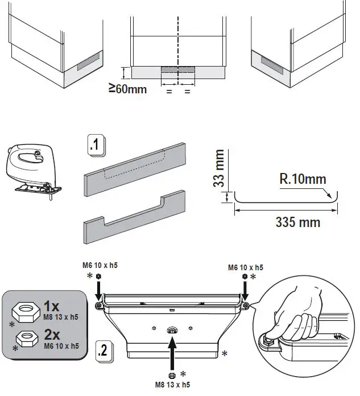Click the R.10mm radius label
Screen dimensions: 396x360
(x=303, y=180)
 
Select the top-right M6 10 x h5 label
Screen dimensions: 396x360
(x=245, y=267)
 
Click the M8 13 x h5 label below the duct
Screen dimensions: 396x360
(x=172, y=385)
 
